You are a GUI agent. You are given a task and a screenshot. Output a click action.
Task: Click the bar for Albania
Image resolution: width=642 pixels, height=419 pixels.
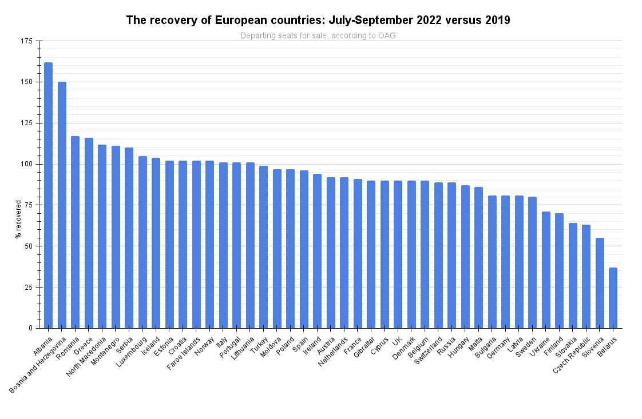click(x=48, y=195)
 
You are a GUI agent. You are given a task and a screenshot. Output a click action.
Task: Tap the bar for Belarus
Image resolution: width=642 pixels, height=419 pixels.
click(x=613, y=297)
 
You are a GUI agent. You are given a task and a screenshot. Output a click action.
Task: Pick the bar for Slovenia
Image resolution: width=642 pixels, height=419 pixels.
click(x=600, y=282)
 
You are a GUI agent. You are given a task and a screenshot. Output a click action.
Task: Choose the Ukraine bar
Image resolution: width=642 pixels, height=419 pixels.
click(x=546, y=269)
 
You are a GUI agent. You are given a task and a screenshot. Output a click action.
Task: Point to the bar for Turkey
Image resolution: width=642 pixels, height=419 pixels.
click(x=263, y=246)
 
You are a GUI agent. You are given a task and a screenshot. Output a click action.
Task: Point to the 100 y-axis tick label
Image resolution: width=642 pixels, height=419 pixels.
click(x=26, y=164)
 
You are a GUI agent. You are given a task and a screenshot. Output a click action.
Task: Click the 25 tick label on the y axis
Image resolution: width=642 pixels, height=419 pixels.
click(x=28, y=287)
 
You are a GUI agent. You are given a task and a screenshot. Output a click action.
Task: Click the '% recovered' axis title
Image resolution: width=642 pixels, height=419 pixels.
click(x=18, y=219)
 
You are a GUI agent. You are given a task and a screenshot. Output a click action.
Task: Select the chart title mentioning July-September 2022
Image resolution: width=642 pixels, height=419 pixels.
click(x=318, y=21)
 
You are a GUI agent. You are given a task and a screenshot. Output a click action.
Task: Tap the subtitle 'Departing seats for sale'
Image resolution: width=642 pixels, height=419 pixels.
click(x=318, y=35)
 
